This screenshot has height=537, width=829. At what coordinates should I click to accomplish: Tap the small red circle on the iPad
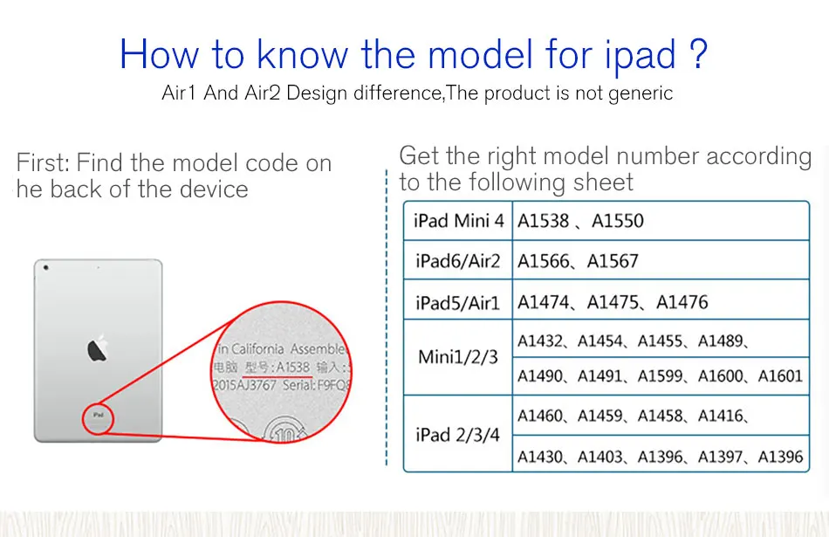tap(99, 417)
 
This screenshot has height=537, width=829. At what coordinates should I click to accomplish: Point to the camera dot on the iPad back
tap(45, 267)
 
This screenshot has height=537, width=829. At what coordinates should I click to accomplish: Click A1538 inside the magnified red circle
tap(293, 368)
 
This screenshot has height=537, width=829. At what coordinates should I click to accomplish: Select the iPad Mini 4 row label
tap(458, 221)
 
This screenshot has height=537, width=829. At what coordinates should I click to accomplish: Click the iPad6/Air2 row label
tap(458, 261)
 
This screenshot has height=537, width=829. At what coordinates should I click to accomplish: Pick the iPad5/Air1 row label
tap(458, 302)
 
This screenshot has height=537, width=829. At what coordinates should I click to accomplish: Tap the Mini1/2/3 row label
tap(458, 356)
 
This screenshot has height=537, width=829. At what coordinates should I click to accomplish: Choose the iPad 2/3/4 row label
tap(458, 434)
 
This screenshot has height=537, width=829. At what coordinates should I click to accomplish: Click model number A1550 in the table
tap(618, 221)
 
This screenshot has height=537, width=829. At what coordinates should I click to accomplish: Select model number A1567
tap(613, 261)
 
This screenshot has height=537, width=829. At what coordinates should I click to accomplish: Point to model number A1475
tap(613, 302)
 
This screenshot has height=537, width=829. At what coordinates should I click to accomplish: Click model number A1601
tap(780, 376)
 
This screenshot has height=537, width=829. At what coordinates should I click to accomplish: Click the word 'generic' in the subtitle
tap(641, 93)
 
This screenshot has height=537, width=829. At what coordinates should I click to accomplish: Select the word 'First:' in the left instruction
tap(43, 162)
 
